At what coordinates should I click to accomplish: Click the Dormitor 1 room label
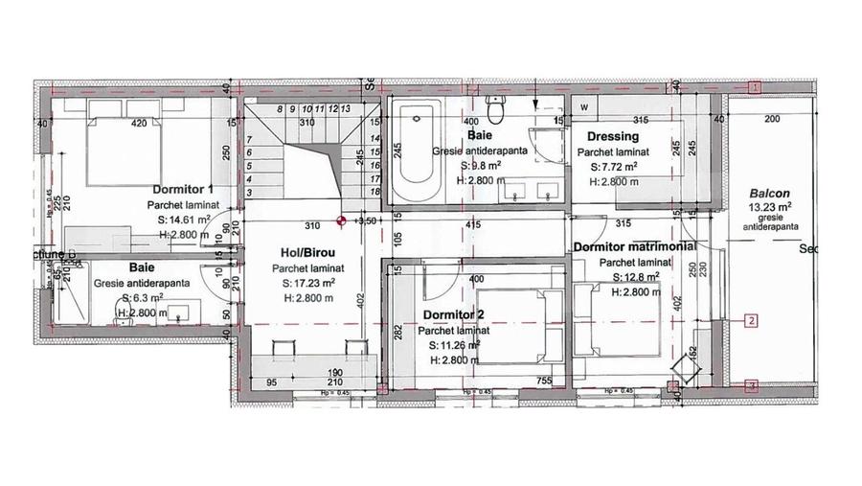[182, 189]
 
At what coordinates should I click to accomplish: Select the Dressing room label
[612, 136]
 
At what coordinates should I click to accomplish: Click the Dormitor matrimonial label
[634, 247]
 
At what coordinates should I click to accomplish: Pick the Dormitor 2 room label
[453, 314]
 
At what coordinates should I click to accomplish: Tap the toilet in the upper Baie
[495, 108]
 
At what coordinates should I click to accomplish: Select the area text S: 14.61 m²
[189, 220]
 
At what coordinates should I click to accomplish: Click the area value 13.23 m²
[771, 205]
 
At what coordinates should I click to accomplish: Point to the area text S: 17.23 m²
[307, 284]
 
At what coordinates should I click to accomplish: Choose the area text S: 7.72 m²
[613, 166]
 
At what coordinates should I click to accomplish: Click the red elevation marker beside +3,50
[341, 222]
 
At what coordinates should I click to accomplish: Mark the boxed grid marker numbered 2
[753, 320]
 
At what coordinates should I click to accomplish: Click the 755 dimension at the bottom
[543, 382]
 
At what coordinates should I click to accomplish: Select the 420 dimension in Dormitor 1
[139, 123]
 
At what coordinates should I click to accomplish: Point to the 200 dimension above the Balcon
[772, 118]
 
